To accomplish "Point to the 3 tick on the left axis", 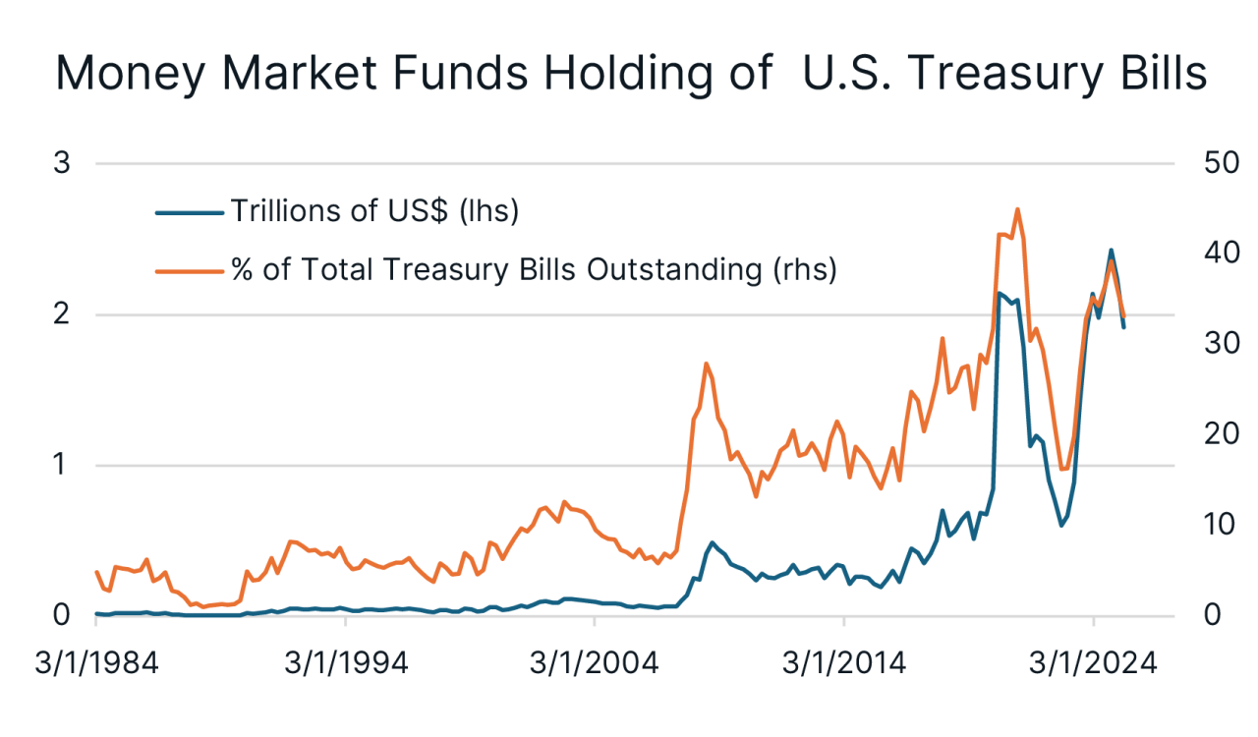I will (62, 163).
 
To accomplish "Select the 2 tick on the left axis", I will (62, 314).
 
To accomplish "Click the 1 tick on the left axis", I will (62, 465).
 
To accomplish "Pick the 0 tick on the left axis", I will (62, 616).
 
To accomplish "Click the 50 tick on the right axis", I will (1222, 163).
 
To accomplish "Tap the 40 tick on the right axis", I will (1222, 254).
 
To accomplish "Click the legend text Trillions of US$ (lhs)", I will (373, 210).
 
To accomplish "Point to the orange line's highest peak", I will (1017, 208).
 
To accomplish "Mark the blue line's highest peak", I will (1111, 250).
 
